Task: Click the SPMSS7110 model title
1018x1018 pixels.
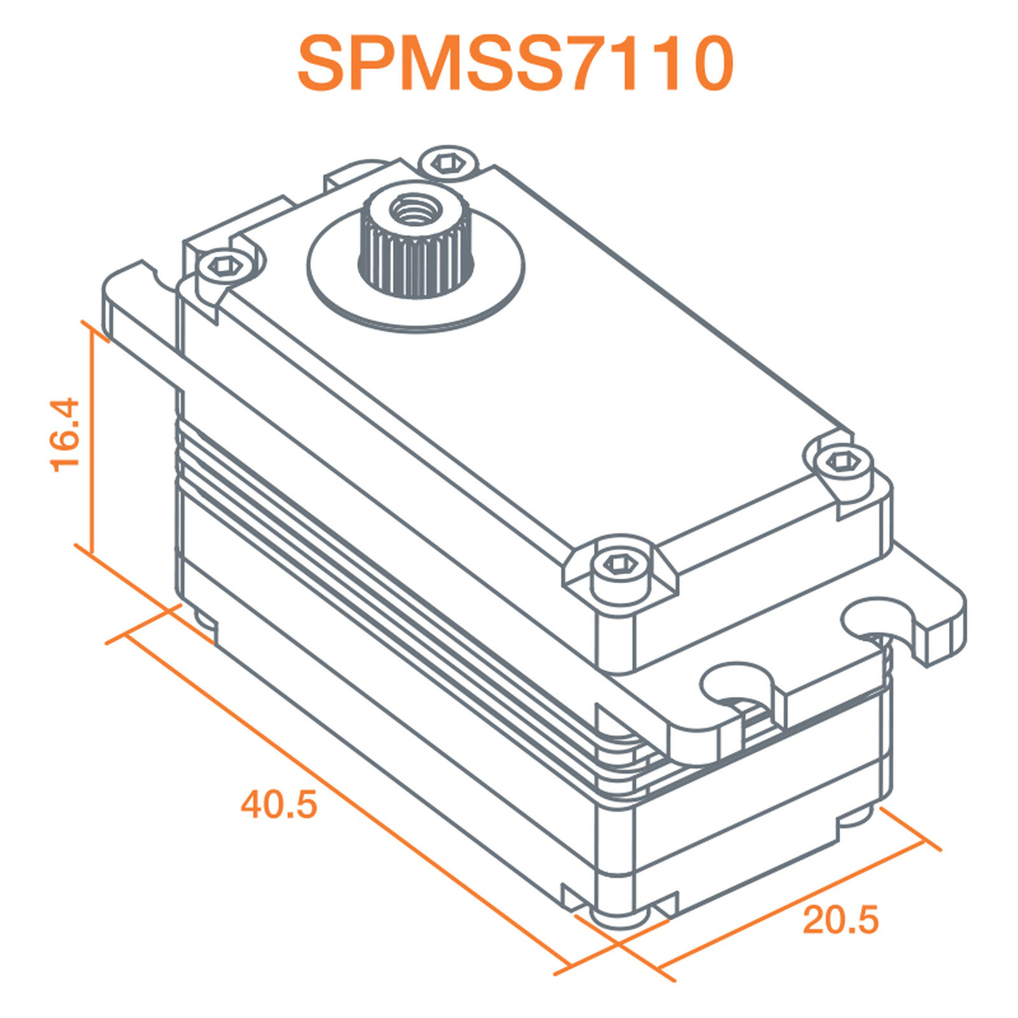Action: coord(515,64)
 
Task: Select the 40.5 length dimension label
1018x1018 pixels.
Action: coord(279,804)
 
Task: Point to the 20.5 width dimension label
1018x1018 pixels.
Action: coord(840,920)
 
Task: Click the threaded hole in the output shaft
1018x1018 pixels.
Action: coord(412,209)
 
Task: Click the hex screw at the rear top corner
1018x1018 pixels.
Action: coord(449,163)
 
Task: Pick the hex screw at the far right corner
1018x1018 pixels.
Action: coord(842,461)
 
